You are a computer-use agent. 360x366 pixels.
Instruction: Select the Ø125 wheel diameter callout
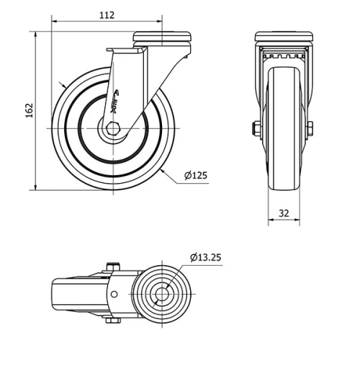(x=195, y=175)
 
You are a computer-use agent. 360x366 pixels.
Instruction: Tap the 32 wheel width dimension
(x=284, y=213)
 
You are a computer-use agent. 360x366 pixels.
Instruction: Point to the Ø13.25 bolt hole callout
(x=207, y=256)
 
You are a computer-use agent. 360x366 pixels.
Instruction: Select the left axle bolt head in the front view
(x=257, y=129)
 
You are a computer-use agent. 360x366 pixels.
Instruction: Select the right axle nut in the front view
(x=310, y=129)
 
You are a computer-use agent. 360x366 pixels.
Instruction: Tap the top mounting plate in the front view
(x=284, y=37)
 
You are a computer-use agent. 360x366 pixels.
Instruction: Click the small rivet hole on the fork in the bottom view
(x=113, y=295)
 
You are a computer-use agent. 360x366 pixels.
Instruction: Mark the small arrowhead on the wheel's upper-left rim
(x=63, y=86)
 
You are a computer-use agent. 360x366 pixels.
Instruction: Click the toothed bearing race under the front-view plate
(x=284, y=55)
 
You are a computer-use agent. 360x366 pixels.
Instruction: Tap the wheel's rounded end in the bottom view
(x=55, y=295)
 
